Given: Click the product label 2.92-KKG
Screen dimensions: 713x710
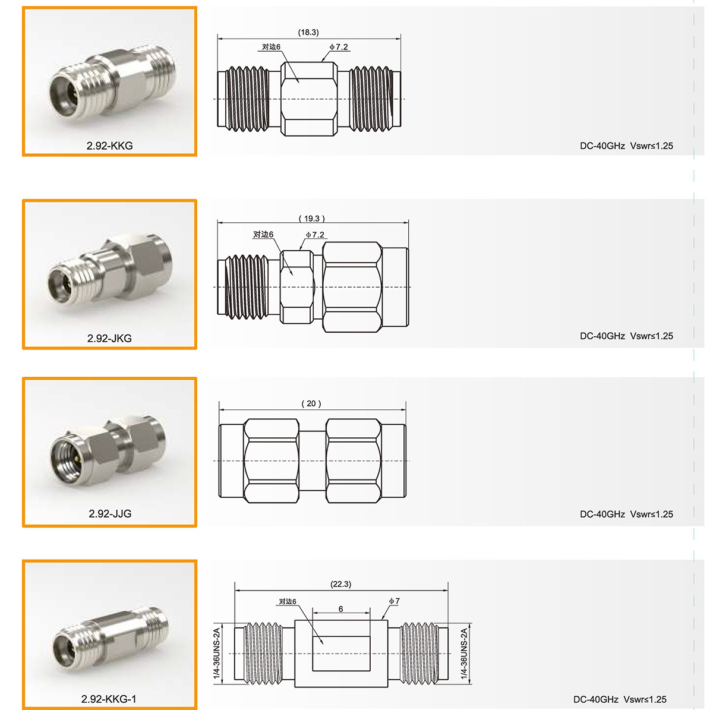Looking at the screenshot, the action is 109,146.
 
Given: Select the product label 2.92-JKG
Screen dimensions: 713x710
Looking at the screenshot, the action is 109,338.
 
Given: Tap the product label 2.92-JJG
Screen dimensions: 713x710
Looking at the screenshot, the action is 110,513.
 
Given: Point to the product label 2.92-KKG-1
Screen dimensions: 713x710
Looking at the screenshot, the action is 109,699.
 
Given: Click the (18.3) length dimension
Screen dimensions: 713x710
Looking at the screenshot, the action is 308,33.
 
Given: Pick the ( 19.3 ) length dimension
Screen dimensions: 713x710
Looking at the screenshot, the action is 312,219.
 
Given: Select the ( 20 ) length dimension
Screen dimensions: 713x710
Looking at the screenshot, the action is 311,403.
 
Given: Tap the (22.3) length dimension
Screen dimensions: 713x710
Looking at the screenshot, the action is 341,584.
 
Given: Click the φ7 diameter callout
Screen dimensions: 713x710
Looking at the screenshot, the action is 395,601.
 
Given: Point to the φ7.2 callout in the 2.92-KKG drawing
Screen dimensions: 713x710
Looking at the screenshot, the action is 339,47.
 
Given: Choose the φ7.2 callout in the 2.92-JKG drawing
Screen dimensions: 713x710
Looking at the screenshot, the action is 316,235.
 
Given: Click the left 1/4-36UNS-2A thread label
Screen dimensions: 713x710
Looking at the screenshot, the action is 217,654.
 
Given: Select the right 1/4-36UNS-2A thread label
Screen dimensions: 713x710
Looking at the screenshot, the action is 464,654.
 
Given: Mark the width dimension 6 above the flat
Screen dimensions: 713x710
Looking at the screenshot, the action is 341,609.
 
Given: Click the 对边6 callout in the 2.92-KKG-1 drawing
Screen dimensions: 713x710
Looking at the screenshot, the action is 288,602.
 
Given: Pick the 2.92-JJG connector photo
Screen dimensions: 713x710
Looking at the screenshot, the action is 108,453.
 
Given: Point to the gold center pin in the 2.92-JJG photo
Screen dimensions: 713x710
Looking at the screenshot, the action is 77,459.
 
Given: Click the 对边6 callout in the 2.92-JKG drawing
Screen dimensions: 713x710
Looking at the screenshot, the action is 263,235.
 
